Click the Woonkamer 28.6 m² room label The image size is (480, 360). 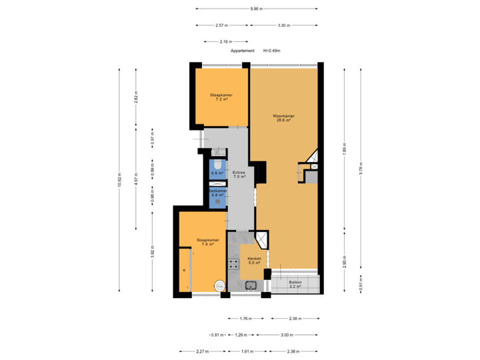click(283, 119)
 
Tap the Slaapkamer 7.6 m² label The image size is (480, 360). click(206, 242)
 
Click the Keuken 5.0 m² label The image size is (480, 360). click(254, 261)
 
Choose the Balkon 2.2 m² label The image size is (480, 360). click(295, 284)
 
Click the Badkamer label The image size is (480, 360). click(217, 193)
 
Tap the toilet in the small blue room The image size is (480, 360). click(217, 165)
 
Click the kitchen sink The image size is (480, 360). click(251, 287)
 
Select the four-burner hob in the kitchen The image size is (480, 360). click(234, 263)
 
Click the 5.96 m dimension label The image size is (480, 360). click(256, 9)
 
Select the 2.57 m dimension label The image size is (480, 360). click(222, 25)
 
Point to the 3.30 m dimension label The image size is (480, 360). click(283, 25)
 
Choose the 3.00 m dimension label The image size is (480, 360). click(286, 335)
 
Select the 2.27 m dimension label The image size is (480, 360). click(203, 351)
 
